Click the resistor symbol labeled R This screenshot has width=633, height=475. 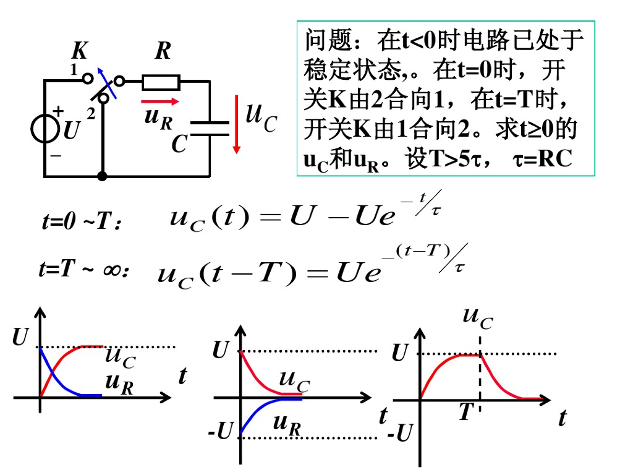161,82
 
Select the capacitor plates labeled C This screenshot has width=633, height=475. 210,127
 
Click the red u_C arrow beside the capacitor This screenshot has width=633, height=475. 236,124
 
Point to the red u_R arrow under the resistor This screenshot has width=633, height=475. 159,101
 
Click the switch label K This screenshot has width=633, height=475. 80,49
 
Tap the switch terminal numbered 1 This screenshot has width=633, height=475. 88,78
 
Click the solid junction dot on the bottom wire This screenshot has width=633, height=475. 103,176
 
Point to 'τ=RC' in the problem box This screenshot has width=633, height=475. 543,159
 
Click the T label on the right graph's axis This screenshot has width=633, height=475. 465,413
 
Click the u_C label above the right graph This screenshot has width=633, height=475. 478,317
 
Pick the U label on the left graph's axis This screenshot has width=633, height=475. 20,338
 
